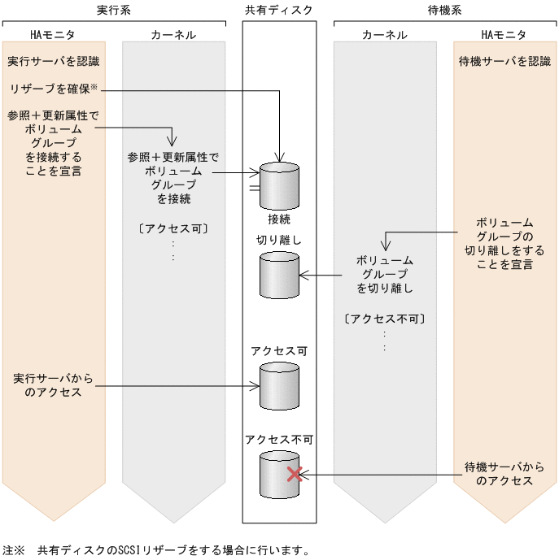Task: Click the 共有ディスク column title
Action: tap(279, 10)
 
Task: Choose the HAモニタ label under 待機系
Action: tap(504, 35)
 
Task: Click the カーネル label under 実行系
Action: tap(173, 35)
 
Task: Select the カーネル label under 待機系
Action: tap(384, 35)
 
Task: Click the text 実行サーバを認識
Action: tap(53, 62)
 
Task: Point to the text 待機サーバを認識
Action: tap(504, 62)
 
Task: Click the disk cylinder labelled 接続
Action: tap(280, 185)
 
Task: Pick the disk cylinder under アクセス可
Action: tap(280, 386)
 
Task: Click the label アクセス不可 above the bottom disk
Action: tap(279, 440)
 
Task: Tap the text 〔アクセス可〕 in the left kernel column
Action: tap(173, 228)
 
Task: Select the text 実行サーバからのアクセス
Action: tap(53, 385)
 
